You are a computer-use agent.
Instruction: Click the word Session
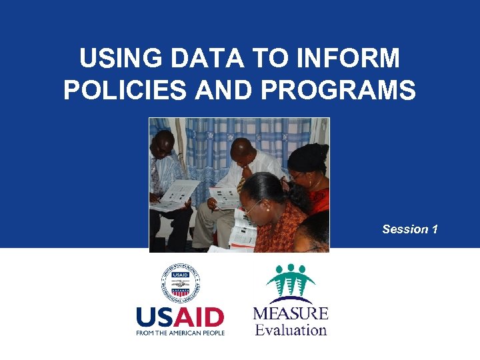pos(405,229)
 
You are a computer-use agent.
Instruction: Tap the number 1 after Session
pos(435,229)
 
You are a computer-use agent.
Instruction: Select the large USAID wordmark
pos(180,316)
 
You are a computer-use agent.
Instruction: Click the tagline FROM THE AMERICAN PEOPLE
pos(180,332)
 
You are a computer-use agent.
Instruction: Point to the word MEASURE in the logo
pos(291,313)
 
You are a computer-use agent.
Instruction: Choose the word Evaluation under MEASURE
pos(291,329)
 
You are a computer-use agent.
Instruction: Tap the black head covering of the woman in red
pos(308,157)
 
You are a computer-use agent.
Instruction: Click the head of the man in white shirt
pos(247,151)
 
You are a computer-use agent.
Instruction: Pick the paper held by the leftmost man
pos(175,195)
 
